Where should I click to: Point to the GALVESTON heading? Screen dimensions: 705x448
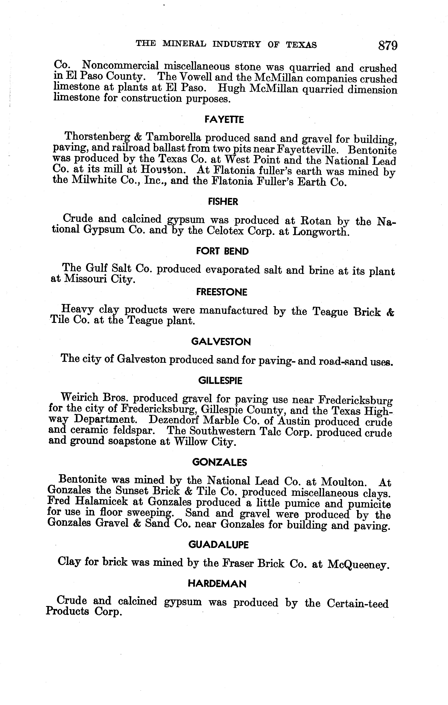click(x=221, y=342)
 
